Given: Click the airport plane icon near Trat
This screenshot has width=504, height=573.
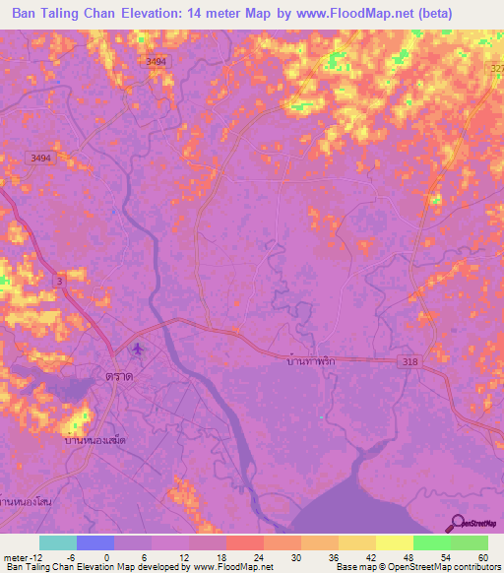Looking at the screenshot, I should pos(138,350).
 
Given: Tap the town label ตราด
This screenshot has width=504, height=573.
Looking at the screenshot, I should pos(120,376).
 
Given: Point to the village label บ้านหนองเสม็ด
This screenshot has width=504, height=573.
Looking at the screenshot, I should pos(94,441).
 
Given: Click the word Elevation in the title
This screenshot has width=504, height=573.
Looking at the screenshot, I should pos(172,15).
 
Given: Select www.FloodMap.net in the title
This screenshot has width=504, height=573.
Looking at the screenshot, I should pos(380,15).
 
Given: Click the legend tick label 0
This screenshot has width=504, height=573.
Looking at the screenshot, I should pos(105,556).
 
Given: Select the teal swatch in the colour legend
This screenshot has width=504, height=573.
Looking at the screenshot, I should pos(58,542).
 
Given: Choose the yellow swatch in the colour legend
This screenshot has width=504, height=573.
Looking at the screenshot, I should pos(395,542).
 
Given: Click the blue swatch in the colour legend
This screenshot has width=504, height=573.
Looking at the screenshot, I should pos(95,542).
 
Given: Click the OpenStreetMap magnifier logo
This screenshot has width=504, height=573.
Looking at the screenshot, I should pos(457,524).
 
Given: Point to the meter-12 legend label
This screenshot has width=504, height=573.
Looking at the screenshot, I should pos(21,556).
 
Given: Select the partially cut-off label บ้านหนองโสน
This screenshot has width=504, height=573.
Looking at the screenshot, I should pos(26,502).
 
